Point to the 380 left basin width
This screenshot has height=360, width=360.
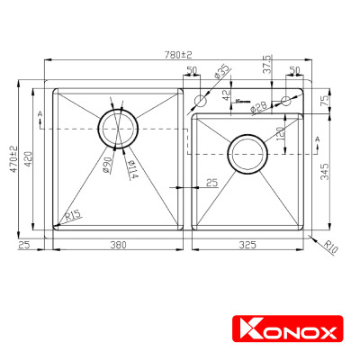pyautogui.click(x=113, y=244)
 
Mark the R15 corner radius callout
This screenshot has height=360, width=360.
pyautogui.click(x=73, y=215)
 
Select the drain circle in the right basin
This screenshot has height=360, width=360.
pyautogui.click(x=246, y=154)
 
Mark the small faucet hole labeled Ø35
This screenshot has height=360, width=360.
pyautogui.click(x=201, y=100)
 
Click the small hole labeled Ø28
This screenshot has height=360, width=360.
pyautogui.click(x=287, y=100)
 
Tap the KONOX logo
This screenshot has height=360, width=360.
pyautogui.click(x=284, y=332)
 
